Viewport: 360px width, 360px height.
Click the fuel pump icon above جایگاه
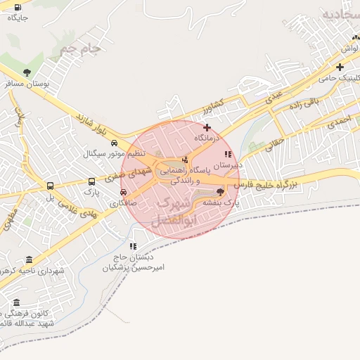(x=17, y=8)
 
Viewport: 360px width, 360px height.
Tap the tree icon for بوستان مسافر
(x=27, y=72)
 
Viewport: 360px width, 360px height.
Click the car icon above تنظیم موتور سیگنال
(x=113, y=143)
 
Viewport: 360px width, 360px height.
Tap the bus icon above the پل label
(x=50, y=186)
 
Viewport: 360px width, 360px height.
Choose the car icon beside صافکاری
(x=124, y=192)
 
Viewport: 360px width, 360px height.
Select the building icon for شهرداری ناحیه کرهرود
(x=29, y=259)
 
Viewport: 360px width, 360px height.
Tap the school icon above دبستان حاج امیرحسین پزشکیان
(x=133, y=246)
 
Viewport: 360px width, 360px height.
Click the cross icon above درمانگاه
(x=207, y=127)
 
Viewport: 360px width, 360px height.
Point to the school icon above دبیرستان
(x=226, y=154)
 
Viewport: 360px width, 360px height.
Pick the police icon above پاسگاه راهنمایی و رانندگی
(x=185, y=160)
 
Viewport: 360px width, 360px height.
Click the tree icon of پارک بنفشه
(x=221, y=191)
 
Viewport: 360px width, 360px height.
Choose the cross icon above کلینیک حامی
(x=339, y=67)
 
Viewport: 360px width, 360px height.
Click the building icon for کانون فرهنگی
(x=16, y=304)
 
